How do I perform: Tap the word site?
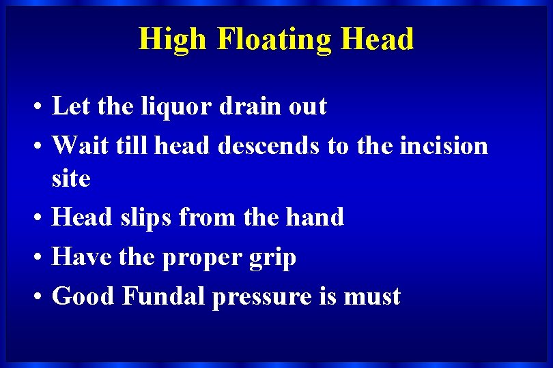point(71,179)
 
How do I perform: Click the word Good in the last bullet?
point(84,296)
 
